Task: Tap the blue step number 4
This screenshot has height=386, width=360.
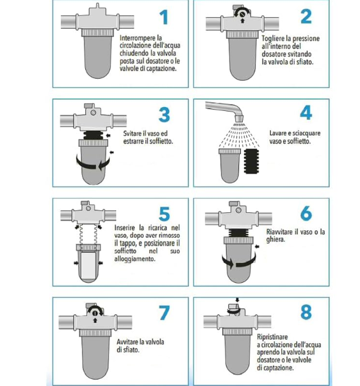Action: (306, 113)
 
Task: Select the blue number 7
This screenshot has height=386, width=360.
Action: (164, 313)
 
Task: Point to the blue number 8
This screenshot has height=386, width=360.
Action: (306, 312)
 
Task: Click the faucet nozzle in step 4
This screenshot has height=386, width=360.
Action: (239, 119)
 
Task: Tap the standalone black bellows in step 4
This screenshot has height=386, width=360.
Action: (251, 161)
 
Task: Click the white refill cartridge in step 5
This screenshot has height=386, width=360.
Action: (88, 264)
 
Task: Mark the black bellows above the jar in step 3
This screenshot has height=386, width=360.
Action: (93, 135)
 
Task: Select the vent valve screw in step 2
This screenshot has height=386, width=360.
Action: (242, 14)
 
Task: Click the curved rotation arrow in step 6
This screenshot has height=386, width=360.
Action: (239, 262)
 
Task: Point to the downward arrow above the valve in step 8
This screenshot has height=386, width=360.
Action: (237, 300)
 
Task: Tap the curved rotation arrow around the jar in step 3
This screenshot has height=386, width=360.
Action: (93, 163)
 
